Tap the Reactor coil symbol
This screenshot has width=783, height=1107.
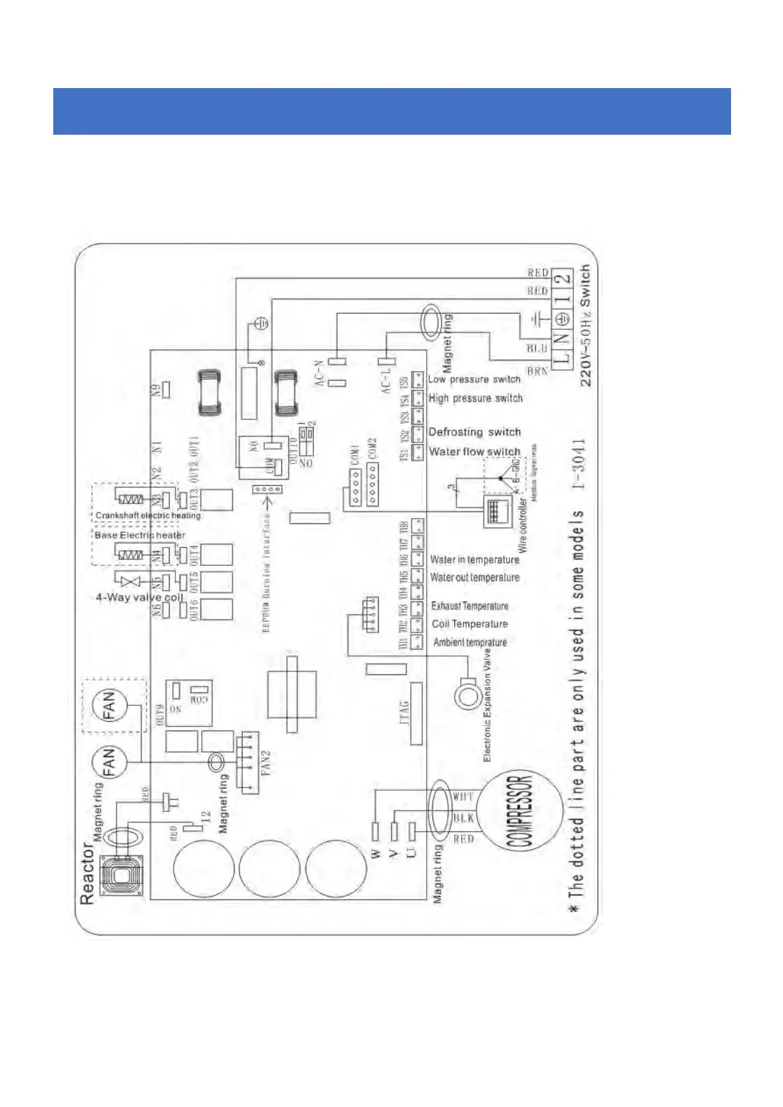coord(120,876)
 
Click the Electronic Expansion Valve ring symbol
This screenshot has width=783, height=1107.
coord(467,694)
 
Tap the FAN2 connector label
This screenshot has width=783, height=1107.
coord(266,763)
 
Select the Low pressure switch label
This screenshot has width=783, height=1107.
coord(474,379)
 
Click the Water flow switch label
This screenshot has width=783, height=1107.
coord(474,452)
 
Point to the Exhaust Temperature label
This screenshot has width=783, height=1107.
coord(469,606)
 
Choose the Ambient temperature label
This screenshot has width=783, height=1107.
coord(470,642)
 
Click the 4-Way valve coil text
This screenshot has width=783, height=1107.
coord(139,598)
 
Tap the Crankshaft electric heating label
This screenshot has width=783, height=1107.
coord(148,515)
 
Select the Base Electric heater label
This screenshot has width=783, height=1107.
coord(139,535)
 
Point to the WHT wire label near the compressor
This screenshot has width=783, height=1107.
coord(463,797)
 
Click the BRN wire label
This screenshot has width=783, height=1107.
coord(537,371)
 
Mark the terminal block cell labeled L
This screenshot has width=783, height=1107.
coord(563,360)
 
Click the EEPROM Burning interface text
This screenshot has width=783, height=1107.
coord(266,573)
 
